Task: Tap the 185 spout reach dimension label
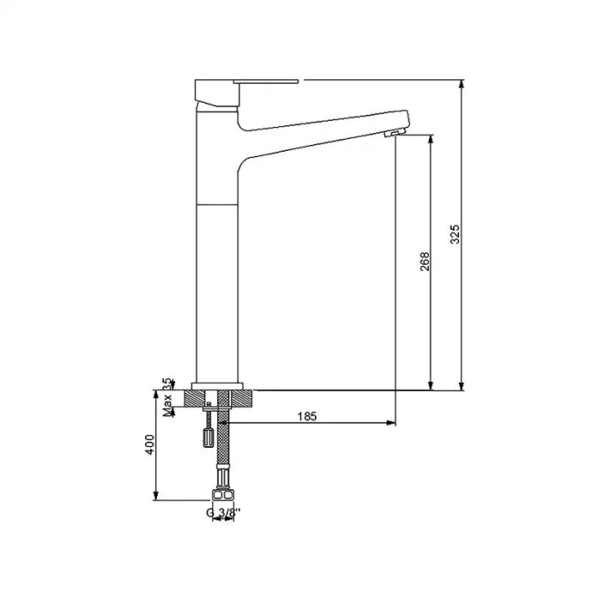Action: tap(306, 416)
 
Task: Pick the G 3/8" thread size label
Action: tap(223, 512)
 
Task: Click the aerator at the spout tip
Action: tap(391, 131)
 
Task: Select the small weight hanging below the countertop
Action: tap(207, 437)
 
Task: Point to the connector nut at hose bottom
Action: tap(223, 495)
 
